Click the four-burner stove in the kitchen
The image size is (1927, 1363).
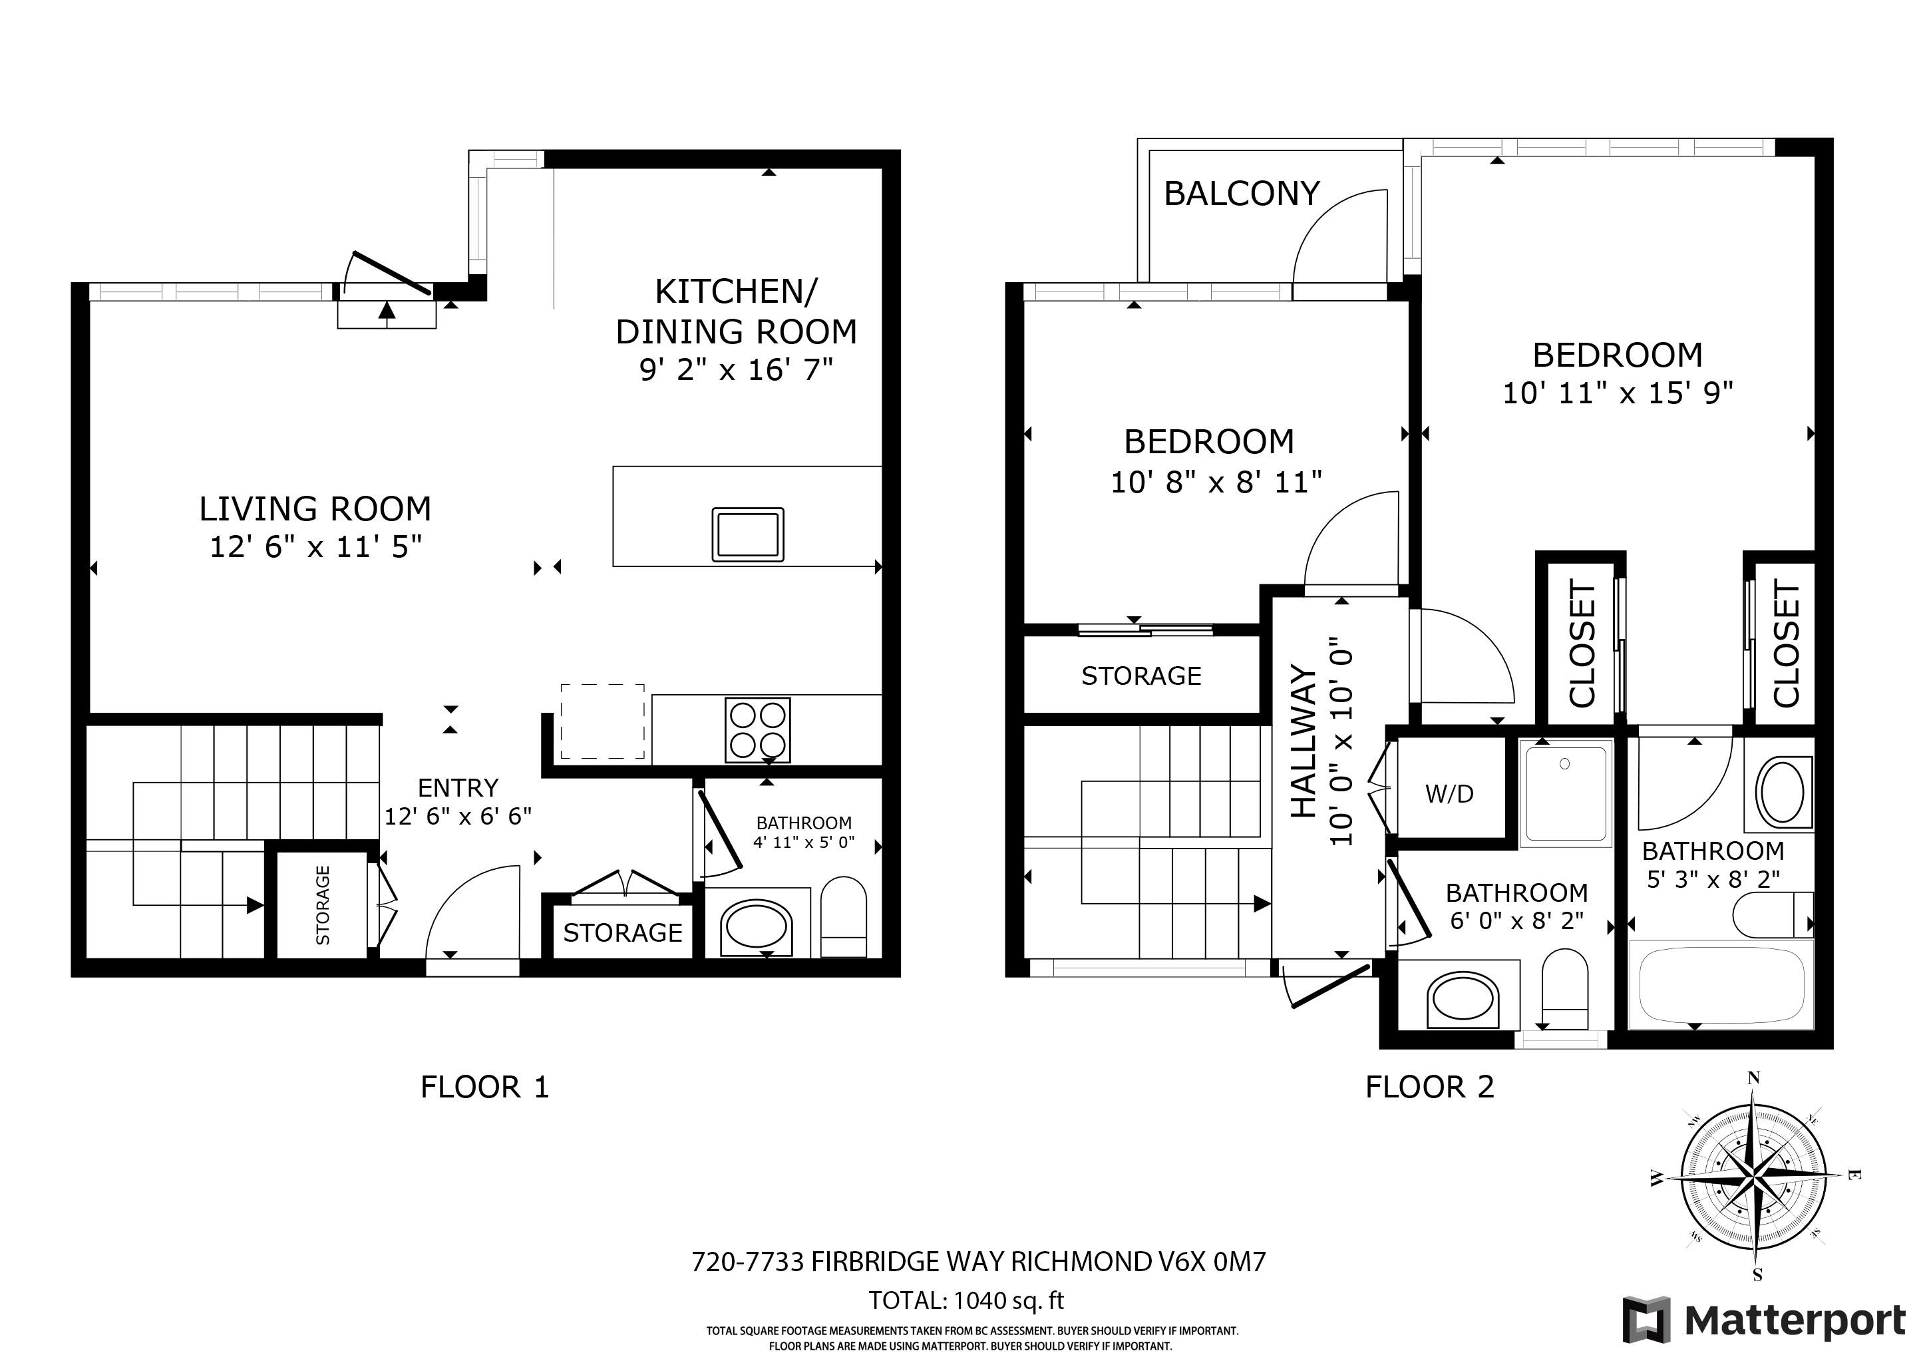coord(758,730)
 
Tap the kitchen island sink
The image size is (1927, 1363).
coord(748,534)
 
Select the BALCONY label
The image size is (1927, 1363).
coord(1242,194)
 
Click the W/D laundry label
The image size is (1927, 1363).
coord(1449,793)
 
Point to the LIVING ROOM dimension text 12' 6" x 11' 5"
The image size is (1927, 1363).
coord(315,546)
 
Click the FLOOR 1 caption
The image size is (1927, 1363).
coord(485,1087)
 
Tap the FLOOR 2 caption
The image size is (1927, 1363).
coord(1430,1087)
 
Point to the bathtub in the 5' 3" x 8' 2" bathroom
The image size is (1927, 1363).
coord(1721,984)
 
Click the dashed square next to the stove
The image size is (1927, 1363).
coord(603,722)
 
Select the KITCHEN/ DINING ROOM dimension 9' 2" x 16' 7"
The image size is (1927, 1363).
coord(736,369)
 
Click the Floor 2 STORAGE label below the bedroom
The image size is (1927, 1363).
coord(1141,676)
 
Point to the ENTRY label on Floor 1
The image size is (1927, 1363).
coord(458,787)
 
